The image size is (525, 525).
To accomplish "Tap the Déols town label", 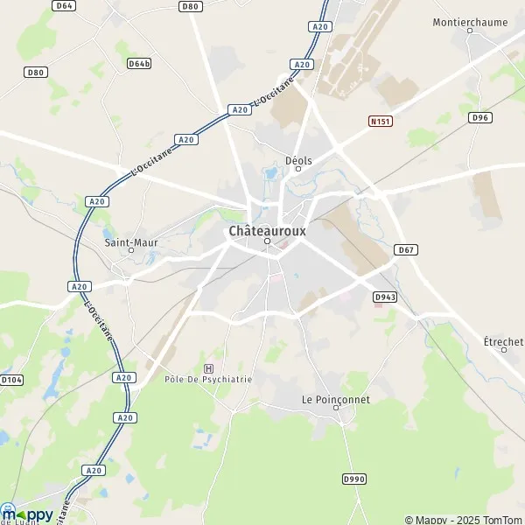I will [298, 160].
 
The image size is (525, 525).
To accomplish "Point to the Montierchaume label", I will [469, 21].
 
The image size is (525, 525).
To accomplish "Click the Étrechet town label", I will [503, 341].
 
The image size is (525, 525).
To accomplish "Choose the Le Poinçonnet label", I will [335, 399].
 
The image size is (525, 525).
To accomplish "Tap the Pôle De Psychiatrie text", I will [208, 379].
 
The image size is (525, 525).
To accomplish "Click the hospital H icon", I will [207, 368].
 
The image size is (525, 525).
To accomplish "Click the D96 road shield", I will [479, 117].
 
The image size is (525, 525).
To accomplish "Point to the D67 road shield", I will [405, 250].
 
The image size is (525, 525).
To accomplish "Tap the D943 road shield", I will [384, 297].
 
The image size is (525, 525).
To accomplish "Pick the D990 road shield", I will [353, 479].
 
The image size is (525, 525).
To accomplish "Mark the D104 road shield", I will [10, 380].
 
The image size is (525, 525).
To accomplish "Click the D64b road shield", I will [138, 64].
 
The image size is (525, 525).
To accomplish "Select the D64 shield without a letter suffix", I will [64, 5].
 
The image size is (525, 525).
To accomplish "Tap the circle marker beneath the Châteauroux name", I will [268, 241].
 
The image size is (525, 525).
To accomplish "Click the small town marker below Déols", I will [297, 170].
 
